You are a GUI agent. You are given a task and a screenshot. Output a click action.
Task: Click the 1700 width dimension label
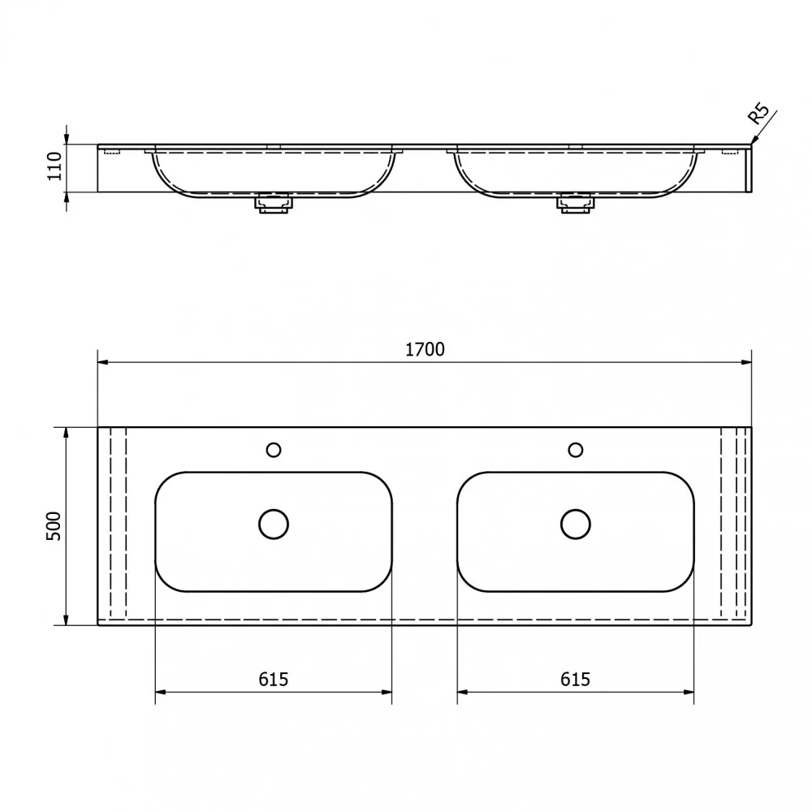tap(425, 349)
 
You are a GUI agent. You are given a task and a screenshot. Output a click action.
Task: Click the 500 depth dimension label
tap(54, 526)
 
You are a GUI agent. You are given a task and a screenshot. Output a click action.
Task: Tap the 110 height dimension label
tap(54, 166)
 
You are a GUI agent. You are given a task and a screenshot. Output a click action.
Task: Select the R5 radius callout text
tap(758, 114)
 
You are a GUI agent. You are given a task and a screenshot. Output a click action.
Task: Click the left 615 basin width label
tap(274, 679)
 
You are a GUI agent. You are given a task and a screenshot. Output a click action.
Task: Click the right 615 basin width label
tap(576, 679)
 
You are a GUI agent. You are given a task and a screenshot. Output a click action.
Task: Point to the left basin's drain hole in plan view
tap(274, 524)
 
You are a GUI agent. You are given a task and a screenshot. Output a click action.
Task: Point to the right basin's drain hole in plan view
tap(576, 524)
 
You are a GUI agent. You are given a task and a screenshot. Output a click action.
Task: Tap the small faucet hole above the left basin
tap(274, 450)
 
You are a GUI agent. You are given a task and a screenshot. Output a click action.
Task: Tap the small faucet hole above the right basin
tap(576, 450)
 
